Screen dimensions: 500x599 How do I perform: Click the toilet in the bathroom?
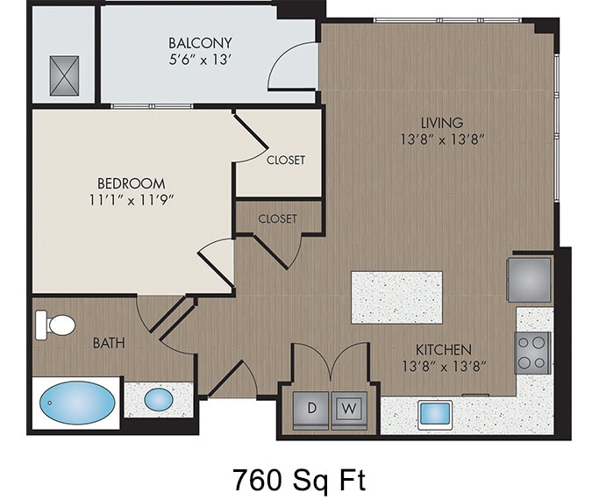click(56, 325)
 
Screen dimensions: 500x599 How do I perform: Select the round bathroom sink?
click(159, 399)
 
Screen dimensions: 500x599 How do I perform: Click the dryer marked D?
click(311, 408)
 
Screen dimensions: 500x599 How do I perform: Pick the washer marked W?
click(348, 408)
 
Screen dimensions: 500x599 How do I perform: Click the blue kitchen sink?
click(434, 412)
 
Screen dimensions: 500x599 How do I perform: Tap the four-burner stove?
click(532, 353)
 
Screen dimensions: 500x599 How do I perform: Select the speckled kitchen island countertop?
click(396, 296)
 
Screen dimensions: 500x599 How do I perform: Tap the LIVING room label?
click(441, 123)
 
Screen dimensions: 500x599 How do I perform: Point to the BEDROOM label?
click(131, 183)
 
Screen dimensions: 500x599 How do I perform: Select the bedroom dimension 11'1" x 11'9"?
click(131, 199)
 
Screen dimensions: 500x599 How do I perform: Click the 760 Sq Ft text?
click(298, 479)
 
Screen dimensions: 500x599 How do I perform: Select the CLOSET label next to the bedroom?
click(286, 160)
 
